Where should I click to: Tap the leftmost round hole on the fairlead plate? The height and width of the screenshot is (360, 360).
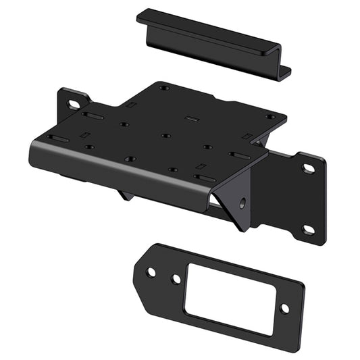(x=151, y=272)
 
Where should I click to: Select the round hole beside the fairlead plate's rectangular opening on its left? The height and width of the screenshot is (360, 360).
(x=176, y=278)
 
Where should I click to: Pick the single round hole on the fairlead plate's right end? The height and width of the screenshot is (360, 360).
(x=284, y=308)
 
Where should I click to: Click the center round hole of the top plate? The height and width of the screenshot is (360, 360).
(x=165, y=136)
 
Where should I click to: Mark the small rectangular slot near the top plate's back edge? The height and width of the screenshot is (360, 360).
(x=192, y=119)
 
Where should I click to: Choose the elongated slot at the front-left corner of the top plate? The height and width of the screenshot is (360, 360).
(x=57, y=138)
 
